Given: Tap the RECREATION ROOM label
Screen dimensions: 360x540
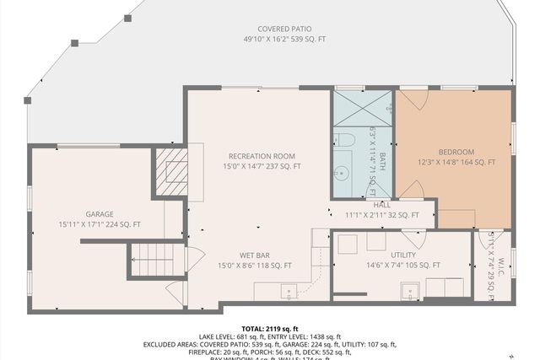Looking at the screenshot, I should (261, 156).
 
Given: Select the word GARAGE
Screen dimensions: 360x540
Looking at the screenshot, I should (99, 214).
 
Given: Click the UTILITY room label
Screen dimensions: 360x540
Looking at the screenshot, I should (403, 254).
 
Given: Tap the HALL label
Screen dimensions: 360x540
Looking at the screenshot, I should (382, 205).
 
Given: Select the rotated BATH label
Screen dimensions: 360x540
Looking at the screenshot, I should (381, 161).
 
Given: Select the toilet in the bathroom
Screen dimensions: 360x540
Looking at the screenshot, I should (344, 139).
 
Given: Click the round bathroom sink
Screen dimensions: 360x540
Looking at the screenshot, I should (342, 174).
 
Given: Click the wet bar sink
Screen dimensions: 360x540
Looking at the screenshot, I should (289, 293).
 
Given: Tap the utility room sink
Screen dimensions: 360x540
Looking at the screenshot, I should (412, 293).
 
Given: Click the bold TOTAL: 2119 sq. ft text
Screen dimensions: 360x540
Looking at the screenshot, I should (270, 328).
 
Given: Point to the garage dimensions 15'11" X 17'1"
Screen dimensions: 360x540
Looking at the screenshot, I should (100, 224).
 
